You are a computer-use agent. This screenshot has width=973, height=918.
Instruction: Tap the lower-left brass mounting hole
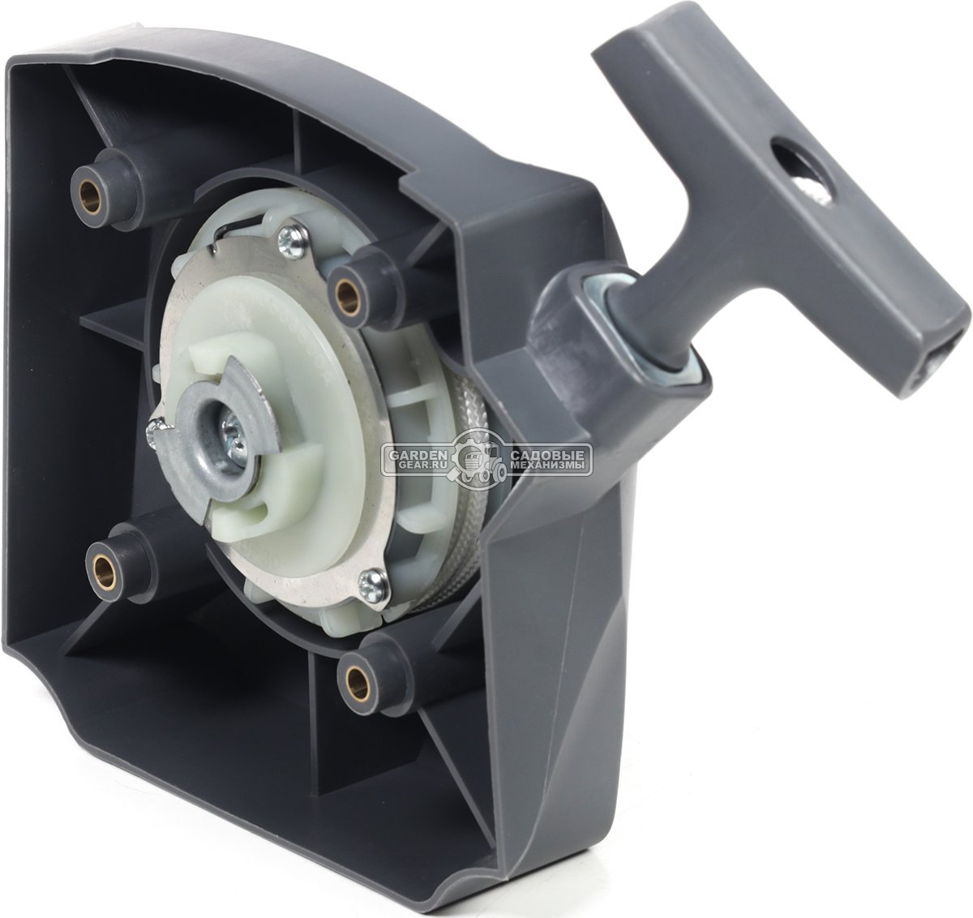click(104, 567)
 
